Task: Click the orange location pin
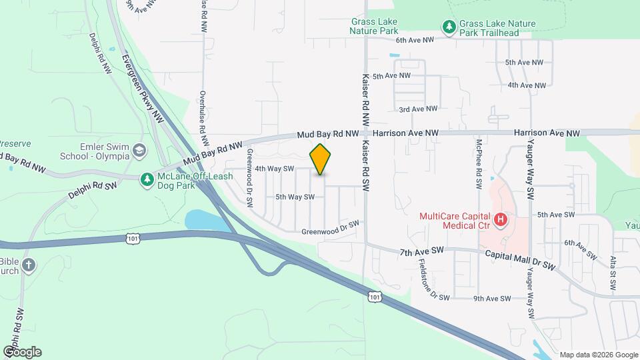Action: (x=320, y=159)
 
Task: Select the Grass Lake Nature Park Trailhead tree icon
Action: (x=449, y=27)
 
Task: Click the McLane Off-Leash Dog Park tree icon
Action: (x=147, y=179)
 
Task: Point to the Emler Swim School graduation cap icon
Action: (x=139, y=149)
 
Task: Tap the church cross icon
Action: (x=28, y=265)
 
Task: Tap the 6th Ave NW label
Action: (x=415, y=40)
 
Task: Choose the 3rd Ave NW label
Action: (x=418, y=109)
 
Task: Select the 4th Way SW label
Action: (x=275, y=169)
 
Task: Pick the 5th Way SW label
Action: (x=295, y=197)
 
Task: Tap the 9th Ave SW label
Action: (x=491, y=298)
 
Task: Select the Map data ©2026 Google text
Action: (x=599, y=355)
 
